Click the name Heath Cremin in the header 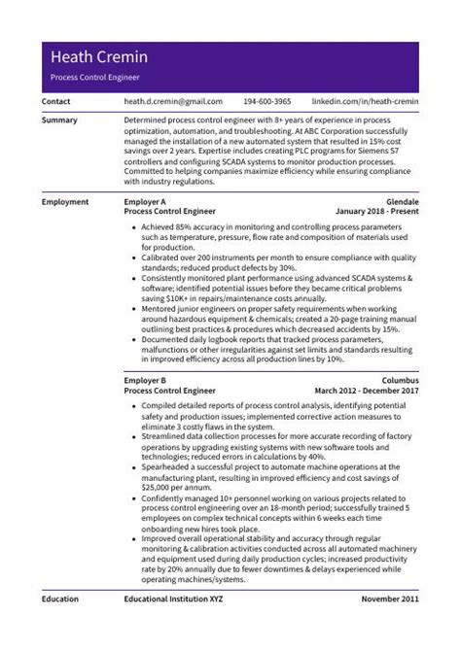[x=98, y=56]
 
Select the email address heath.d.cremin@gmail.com [x=173, y=101]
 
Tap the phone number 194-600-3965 [x=266, y=101]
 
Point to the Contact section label [x=56, y=101]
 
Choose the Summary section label [x=59, y=120]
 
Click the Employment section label [x=65, y=201]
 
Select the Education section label [x=60, y=600]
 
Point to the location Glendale [x=400, y=201]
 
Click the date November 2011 [x=389, y=600]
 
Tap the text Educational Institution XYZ [x=173, y=600]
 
